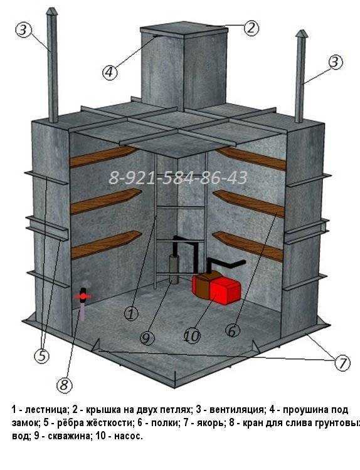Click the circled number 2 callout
click(251, 28)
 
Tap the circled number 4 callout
click(109, 73)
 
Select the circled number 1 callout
click(131, 313)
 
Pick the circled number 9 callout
click(147, 338)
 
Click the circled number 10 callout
click(192, 336)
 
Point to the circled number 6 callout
click(233, 331)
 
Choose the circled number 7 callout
click(342, 363)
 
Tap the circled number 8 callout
click(65, 385)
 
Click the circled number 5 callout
click(41, 356)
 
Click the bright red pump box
click(225, 290)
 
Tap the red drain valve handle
click(83, 296)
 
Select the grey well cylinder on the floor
click(174, 269)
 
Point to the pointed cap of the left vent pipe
click(51, 12)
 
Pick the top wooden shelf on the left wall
click(103, 157)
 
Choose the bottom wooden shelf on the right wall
click(248, 246)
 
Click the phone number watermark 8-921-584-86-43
click(178, 178)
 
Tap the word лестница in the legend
click(45, 410)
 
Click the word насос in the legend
click(127, 436)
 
